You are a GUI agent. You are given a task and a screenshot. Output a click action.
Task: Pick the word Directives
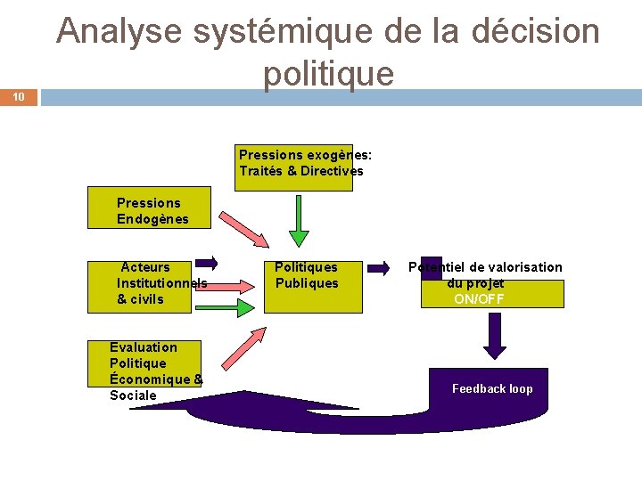[x=332, y=171]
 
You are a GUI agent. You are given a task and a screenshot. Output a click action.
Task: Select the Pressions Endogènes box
[x=149, y=208]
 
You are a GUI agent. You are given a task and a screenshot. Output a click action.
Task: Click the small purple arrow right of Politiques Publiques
[x=379, y=265]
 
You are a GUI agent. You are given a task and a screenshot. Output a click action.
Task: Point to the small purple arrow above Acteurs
[x=206, y=263]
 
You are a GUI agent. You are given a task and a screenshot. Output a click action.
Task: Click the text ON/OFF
[x=479, y=299]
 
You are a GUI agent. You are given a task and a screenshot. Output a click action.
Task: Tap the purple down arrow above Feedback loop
[x=493, y=336]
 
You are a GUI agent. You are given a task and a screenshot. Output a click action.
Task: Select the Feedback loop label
[x=492, y=388]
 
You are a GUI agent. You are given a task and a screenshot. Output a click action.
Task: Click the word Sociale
[x=133, y=395]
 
